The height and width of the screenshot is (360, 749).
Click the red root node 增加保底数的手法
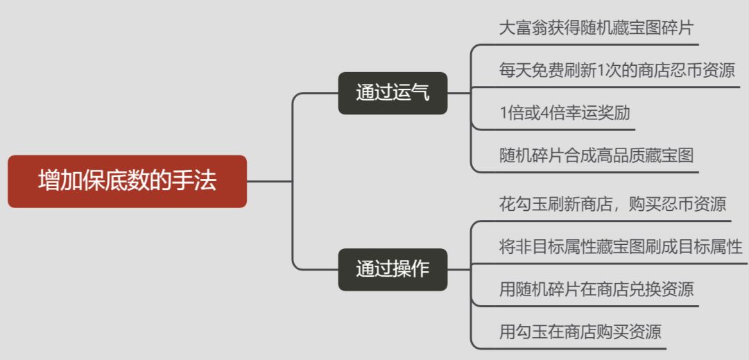point(127,181)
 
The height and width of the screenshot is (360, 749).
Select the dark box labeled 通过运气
point(393,93)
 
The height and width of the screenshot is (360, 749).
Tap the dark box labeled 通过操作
point(393,269)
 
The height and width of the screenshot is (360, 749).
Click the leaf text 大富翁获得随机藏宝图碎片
point(596,28)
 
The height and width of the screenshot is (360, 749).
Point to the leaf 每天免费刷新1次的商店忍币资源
point(617,70)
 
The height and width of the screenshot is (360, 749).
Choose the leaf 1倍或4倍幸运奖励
point(565,112)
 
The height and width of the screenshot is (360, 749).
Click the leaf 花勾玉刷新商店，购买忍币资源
point(612,205)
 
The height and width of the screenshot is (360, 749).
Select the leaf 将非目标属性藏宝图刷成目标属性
point(621,247)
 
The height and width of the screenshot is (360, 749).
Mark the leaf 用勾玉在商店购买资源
point(580,332)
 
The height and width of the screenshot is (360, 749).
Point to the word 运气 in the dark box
point(411,93)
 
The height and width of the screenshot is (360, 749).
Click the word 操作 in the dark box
point(411,269)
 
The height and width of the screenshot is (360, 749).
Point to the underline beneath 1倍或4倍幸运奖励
point(555,129)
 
